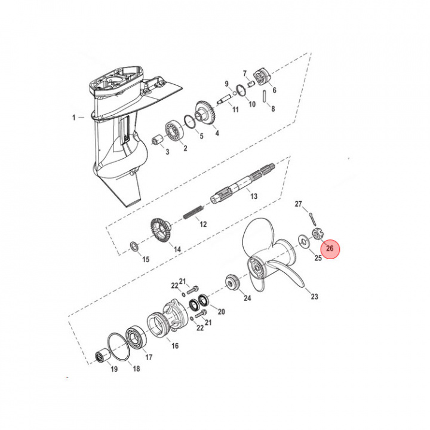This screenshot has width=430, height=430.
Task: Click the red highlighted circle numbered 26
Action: pyautogui.click(x=330, y=248)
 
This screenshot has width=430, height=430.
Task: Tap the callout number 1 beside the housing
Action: pyautogui.click(x=75, y=117)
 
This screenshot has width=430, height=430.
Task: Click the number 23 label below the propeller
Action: pyautogui.click(x=314, y=296)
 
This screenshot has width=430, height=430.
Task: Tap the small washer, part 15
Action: pyautogui.click(x=134, y=245)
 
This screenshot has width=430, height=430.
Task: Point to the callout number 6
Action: pyautogui.click(x=274, y=90)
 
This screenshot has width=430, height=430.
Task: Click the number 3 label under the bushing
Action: pyautogui.click(x=167, y=152)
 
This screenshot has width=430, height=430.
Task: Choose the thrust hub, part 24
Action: pyautogui.click(x=231, y=282)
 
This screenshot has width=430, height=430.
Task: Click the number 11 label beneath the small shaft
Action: pyautogui.click(x=235, y=110)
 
